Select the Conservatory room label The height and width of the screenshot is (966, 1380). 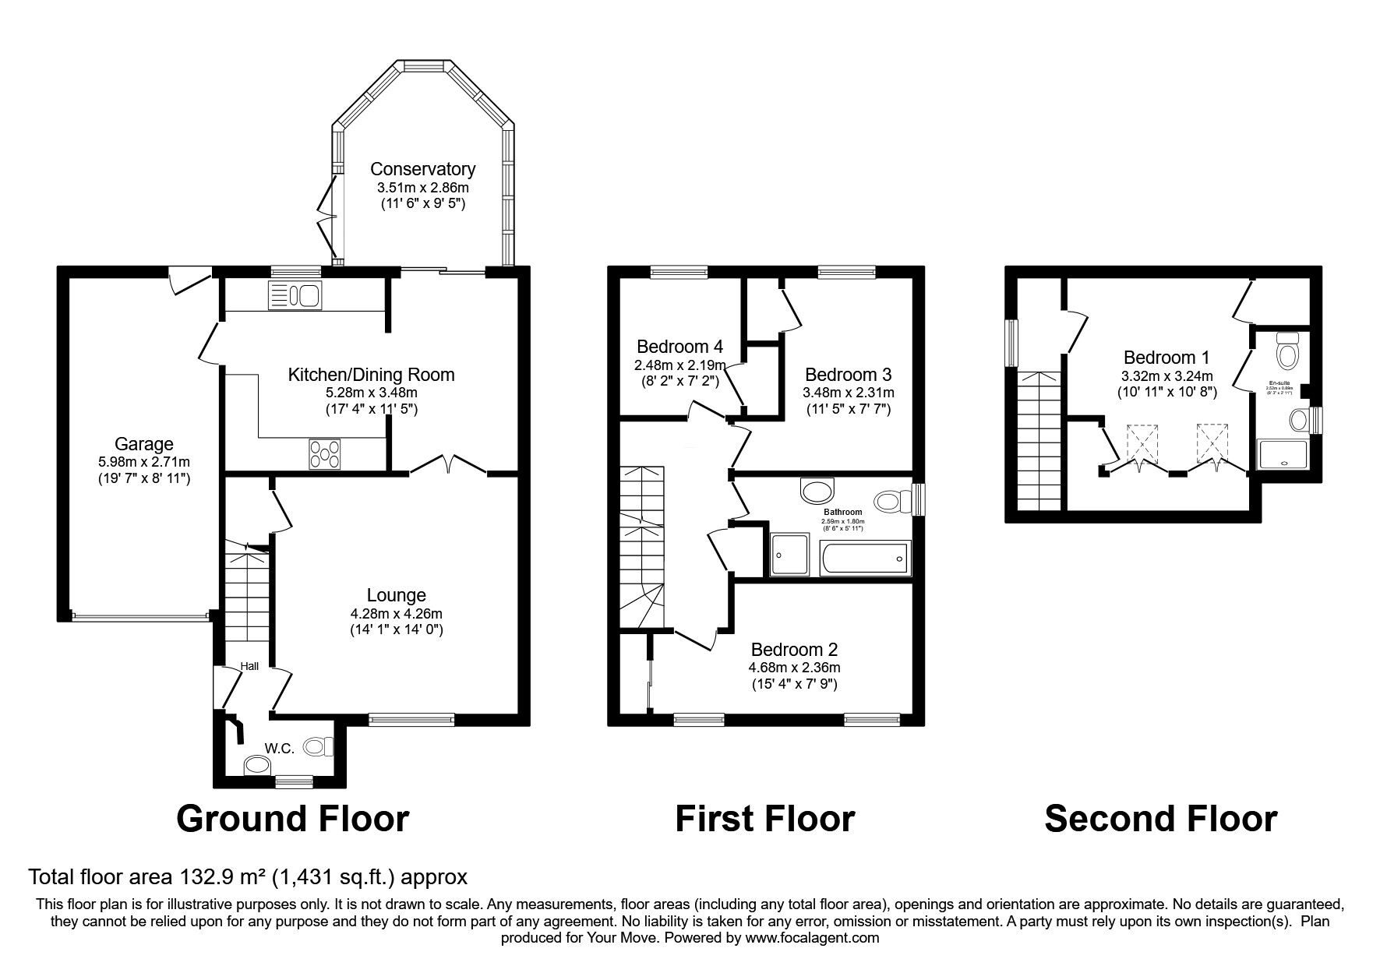point(422,169)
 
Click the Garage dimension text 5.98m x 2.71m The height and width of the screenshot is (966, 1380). point(144,461)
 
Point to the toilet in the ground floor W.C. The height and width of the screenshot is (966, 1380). point(318,746)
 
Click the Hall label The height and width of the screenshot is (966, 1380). point(249,666)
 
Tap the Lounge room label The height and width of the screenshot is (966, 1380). point(397,596)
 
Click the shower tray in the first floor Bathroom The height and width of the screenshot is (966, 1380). point(789,555)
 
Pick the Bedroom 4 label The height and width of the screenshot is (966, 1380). point(679,347)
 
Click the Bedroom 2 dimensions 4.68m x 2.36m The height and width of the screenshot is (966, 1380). point(794,668)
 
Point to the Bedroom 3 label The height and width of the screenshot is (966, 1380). point(849,374)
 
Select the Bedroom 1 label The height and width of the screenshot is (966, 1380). point(1166,358)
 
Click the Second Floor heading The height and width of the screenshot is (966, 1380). point(1159,819)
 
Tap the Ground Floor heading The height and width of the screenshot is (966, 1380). point(293,819)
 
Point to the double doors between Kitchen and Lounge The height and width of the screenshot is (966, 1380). point(448,466)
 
